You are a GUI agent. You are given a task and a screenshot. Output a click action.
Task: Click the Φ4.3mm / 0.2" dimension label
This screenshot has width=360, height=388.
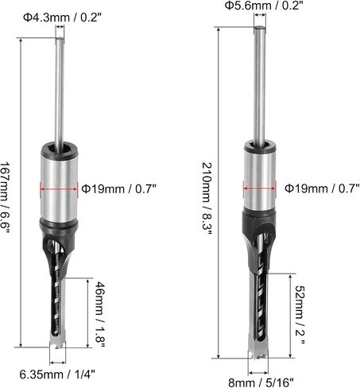(x=63, y=17)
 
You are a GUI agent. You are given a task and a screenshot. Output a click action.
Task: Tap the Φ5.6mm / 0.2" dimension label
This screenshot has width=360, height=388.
(x=264, y=6)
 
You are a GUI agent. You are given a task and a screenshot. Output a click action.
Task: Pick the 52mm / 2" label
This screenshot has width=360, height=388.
(x=300, y=315)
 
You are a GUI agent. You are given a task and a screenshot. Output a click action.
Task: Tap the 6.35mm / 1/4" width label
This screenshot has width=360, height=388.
(x=57, y=374)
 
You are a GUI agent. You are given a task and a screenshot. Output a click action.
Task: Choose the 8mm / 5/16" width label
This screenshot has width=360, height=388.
(x=261, y=382)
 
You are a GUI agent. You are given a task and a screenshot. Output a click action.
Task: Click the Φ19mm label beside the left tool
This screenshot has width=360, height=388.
(x=118, y=189)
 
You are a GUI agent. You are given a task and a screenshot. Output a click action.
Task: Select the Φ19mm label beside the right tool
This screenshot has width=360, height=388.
(x=322, y=188)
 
